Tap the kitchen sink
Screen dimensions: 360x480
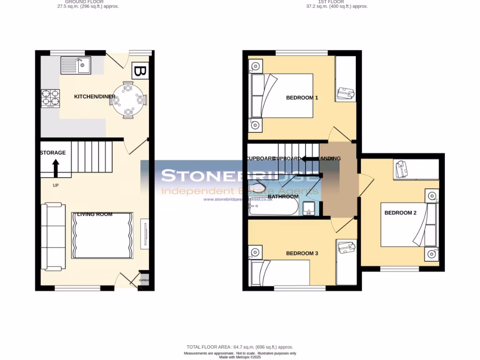75,65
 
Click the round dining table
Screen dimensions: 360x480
128,100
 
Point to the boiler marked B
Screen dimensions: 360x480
140,72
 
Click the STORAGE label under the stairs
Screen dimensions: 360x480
53,153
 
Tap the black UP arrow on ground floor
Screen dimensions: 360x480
55,168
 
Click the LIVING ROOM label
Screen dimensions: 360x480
95,214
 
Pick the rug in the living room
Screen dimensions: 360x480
102,235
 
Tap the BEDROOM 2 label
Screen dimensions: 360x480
400,213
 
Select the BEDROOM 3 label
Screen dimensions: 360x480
302,254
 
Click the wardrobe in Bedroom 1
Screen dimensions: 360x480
346,79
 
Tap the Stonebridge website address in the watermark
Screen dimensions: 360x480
238,199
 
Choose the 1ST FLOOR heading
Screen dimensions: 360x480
331,2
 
